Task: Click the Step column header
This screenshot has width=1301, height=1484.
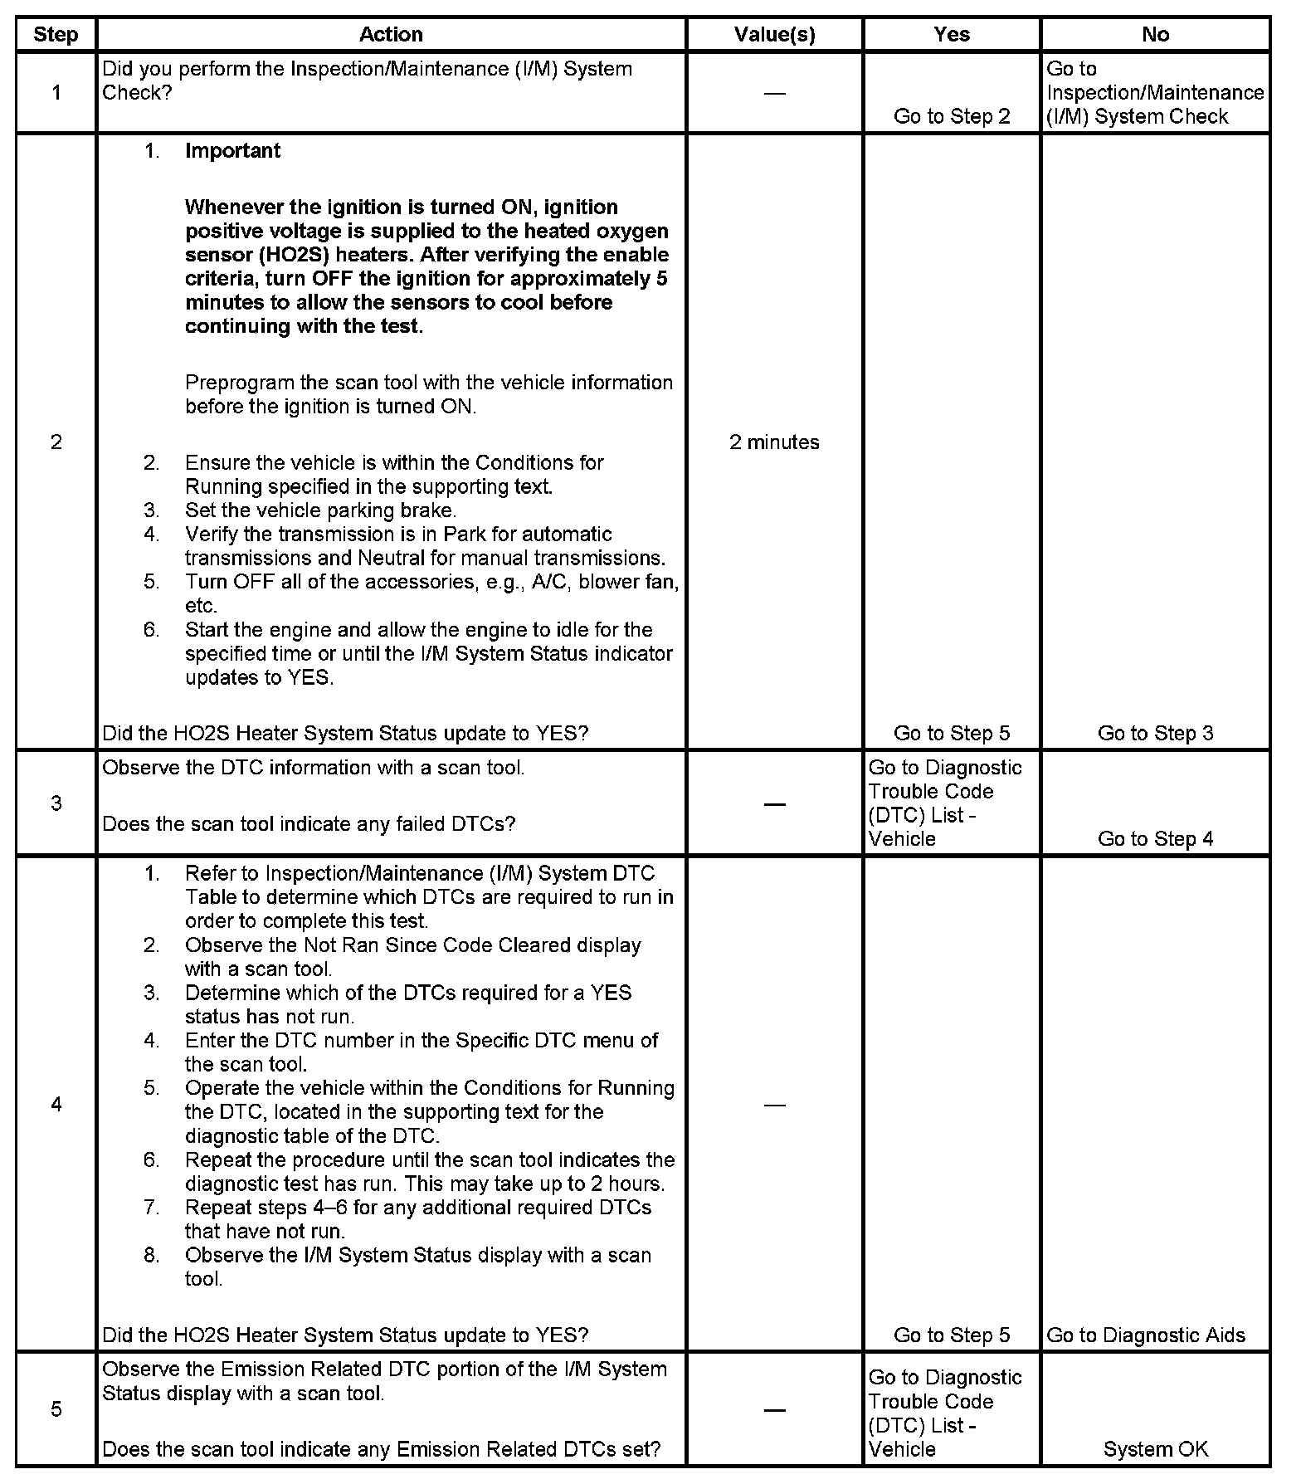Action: [x=56, y=35]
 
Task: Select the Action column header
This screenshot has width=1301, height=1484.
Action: [x=391, y=35]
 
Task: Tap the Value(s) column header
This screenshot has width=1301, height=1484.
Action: [x=774, y=35]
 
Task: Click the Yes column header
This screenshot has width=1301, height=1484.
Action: [x=951, y=35]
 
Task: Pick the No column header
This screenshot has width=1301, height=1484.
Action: [x=1155, y=35]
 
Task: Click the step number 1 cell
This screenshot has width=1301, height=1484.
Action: [x=56, y=93]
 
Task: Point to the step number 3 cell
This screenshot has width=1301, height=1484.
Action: [x=56, y=803]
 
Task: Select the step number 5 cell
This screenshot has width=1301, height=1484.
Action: [x=56, y=1409]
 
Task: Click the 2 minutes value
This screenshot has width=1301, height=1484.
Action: [x=774, y=442]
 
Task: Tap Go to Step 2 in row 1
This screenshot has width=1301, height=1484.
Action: [x=952, y=116]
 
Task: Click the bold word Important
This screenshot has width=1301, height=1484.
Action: [x=232, y=151]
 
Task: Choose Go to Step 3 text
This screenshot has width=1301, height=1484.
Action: [x=1155, y=734]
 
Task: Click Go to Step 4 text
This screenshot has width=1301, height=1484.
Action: [x=1155, y=839]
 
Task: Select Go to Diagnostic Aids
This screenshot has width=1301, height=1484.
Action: [x=1146, y=1335]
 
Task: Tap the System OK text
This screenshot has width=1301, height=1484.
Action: [x=1155, y=1450]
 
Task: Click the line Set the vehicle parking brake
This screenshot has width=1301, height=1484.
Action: [x=320, y=510]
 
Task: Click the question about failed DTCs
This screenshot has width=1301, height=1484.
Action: [x=309, y=824]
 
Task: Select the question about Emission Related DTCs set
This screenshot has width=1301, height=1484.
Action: [x=381, y=1450]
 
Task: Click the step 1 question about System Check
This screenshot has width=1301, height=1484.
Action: [x=367, y=81]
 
